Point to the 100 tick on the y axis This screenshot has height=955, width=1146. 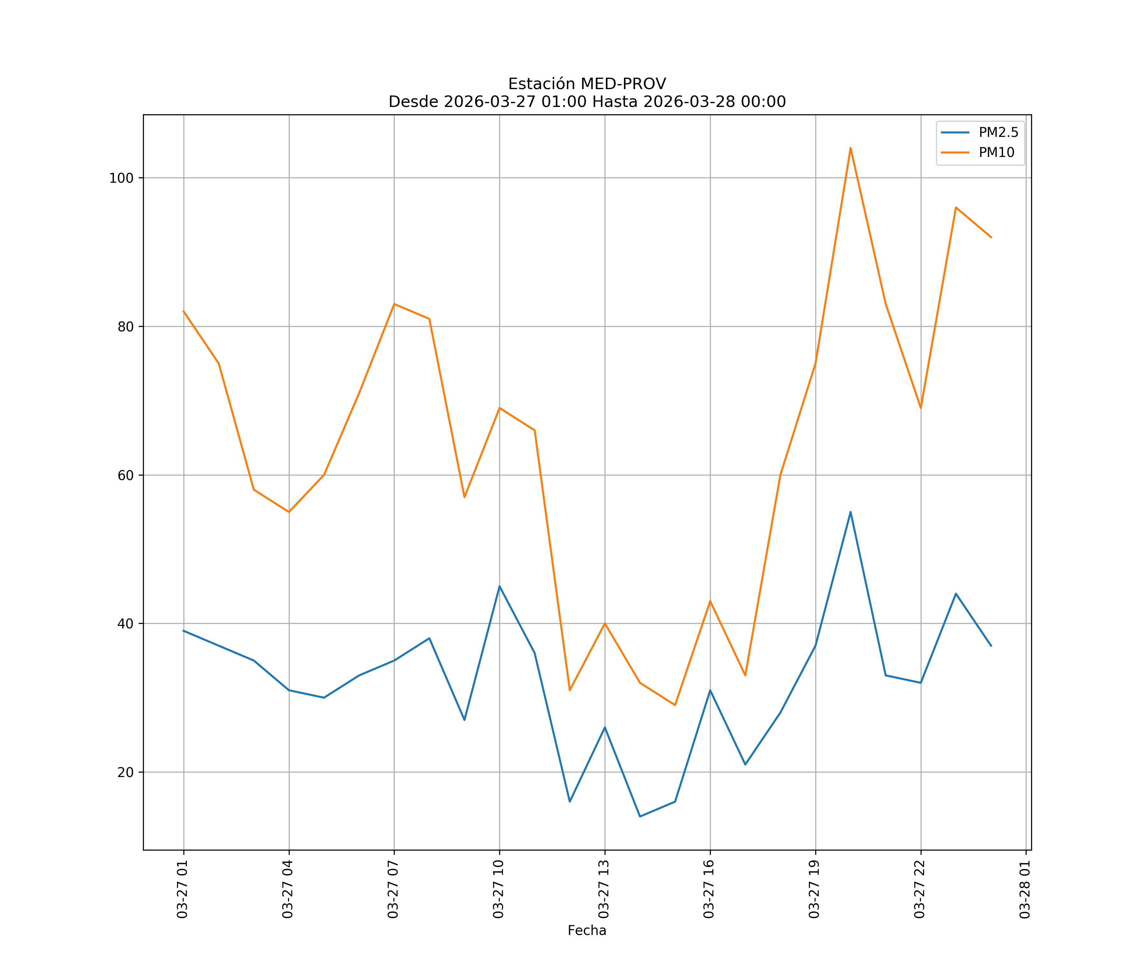coord(121,178)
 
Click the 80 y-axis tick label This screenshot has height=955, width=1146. coord(125,327)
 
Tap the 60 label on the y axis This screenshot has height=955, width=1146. coord(125,475)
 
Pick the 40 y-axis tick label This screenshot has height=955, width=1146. coord(125,624)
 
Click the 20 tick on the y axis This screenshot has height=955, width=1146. coord(125,772)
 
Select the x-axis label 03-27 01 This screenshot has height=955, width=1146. coord(182,889)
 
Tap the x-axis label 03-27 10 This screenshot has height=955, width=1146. coord(498,889)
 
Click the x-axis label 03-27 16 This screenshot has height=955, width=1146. coord(709,889)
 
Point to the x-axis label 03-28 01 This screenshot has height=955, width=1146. coord(1025,889)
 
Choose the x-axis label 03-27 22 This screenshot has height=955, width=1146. coord(920,889)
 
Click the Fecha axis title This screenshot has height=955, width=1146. coord(587,930)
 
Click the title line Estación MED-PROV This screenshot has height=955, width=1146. coord(587,84)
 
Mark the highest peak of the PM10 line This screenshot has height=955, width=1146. coord(850,148)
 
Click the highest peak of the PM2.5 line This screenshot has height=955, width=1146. coord(850,512)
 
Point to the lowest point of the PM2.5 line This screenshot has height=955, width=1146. coord(640,817)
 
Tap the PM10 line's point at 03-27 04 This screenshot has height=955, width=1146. coord(289,512)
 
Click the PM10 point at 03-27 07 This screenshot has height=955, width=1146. coord(394,304)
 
